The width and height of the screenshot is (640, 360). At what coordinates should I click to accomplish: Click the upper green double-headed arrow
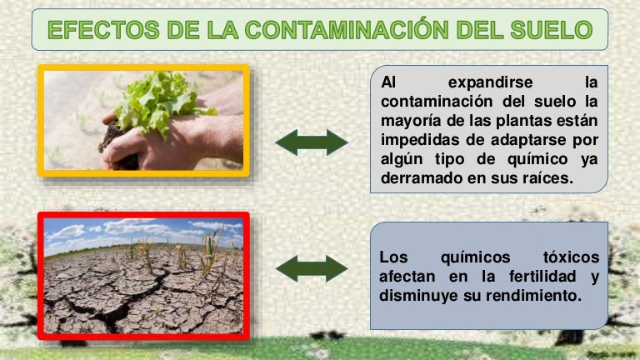(312, 142)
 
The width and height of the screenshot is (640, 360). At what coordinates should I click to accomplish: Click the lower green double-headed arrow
(311, 268)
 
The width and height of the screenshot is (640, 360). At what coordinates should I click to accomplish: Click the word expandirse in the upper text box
(487, 82)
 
